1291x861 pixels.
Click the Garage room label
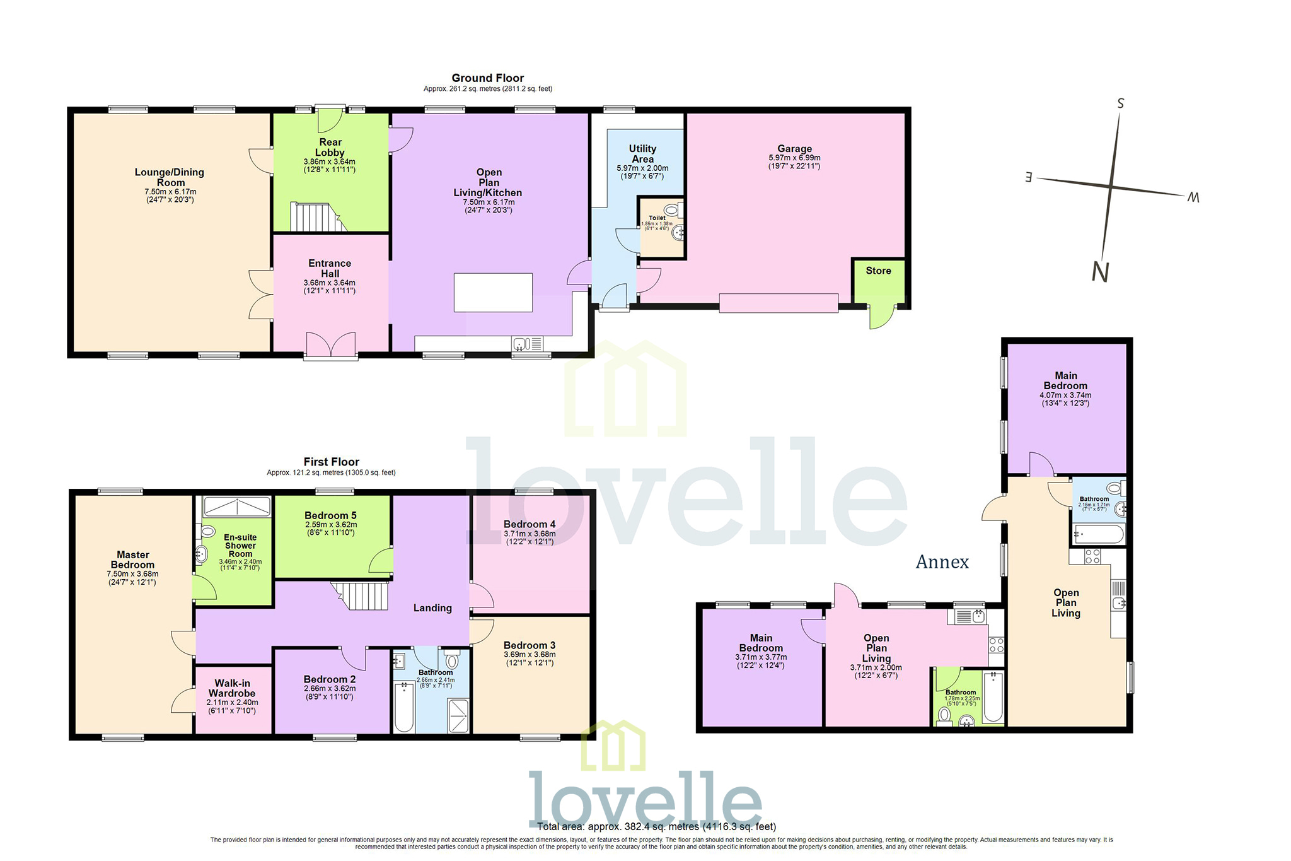pyautogui.click(x=794, y=149)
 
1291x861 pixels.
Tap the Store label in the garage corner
pyautogui.click(x=878, y=271)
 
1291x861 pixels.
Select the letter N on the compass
pyautogui.click(x=1100, y=272)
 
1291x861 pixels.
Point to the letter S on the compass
pyautogui.click(x=1120, y=103)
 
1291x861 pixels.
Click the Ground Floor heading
pyautogui.click(x=487, y=78)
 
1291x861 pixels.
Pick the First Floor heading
pyautogui.click(x=331, y=462)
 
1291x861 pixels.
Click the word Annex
pyautogui.click(x=942, y=562)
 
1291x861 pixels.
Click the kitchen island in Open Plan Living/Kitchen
pyautogui.click(x=493, y=292)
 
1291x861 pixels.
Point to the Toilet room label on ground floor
pyautogui.click(x=657, y=218)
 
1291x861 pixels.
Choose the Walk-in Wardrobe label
pyautogui.click(x=232, y=688)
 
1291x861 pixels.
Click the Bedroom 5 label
pyautogui.click(x=330, y=515)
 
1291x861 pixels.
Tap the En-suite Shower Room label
pyautogui.click(x=240, y=546)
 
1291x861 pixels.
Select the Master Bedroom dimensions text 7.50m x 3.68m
pyautogui.click(x=132, y=574)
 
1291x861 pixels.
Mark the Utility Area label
pyautogui.click(x=642, y=154)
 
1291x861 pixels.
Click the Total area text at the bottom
pyautogui.click(x=656, y=826)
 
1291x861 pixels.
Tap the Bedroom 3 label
pyautogui.click(x=530, y=645)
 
